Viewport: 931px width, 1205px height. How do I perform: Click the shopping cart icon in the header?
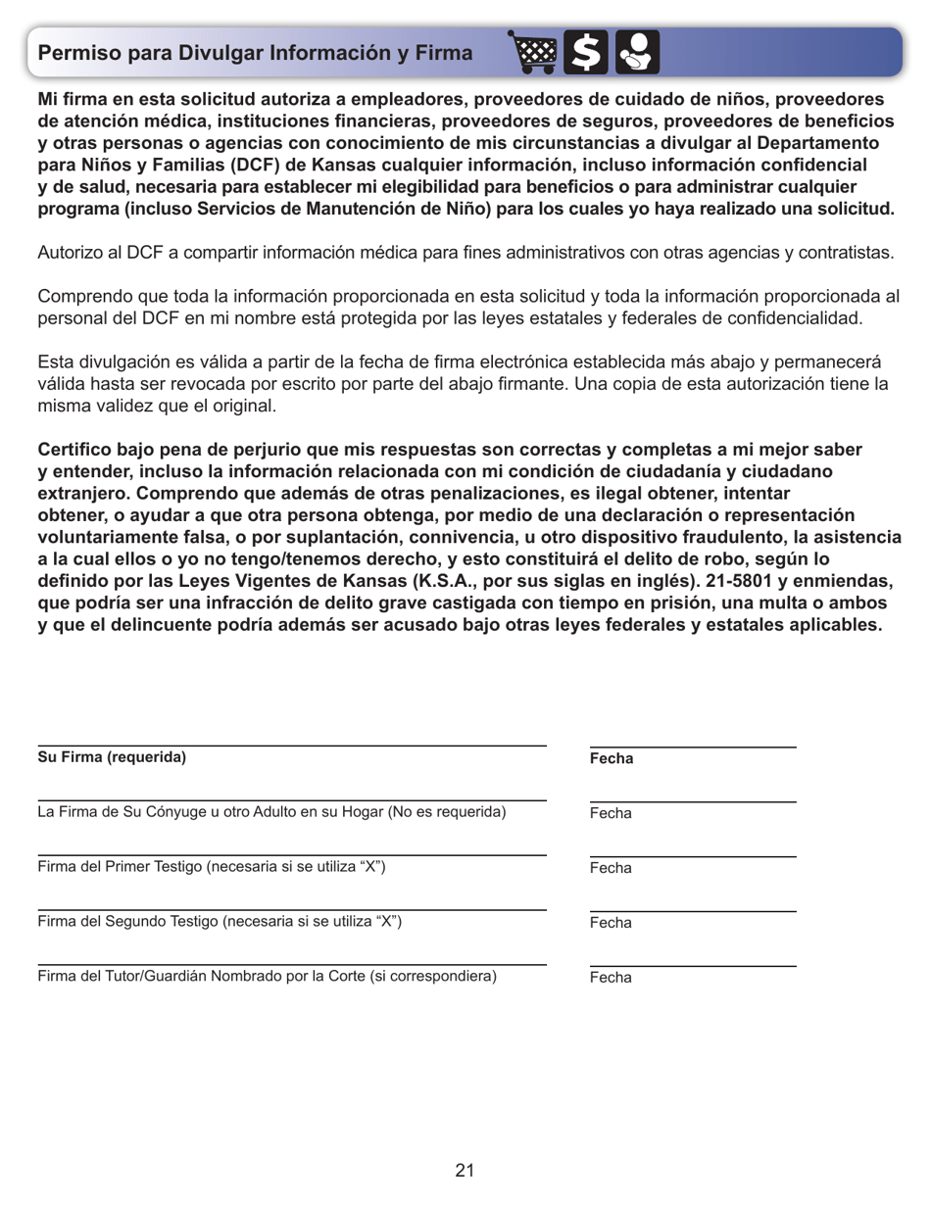click(x=535, y=54)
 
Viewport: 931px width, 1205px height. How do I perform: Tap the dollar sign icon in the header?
click(x=588, y=54)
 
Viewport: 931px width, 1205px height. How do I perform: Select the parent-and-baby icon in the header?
click(x=637, y=54)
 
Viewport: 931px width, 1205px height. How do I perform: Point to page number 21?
click(x=465, y=1170)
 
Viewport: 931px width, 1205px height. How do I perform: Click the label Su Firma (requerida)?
click(x=111, y=757)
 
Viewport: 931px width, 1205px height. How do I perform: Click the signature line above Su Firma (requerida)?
click(x=292, y=746)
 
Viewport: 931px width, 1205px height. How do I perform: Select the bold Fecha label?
click(x=612, y=759)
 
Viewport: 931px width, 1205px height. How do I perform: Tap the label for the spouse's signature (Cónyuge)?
click(x=271, y=812)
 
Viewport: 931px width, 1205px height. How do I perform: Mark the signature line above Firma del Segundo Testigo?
click(x=292, y=910)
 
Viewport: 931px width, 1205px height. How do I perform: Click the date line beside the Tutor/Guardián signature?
click(x=693, y=966)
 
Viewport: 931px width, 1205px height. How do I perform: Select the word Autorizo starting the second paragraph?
click(x=68, y=253)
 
